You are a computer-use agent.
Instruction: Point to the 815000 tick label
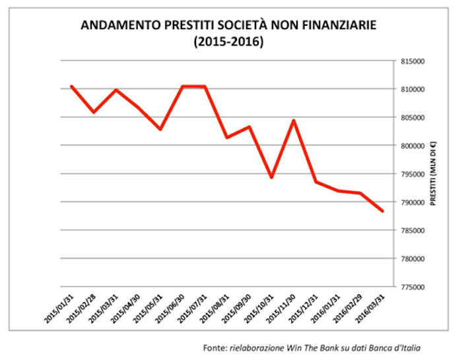[x=411, y=61]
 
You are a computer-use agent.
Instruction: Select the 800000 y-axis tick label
[x=411, y=145]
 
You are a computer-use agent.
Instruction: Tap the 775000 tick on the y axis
[x=411, y=287]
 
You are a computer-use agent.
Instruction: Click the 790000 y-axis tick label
[x=411, y=202]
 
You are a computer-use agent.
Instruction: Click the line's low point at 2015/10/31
[x=271, y=178]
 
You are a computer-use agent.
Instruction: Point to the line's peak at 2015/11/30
[x=294, y=121]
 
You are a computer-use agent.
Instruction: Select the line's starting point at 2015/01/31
[x=71, y=86]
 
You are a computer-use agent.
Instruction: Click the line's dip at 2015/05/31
[x=160, y=129]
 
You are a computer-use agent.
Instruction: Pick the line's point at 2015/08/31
[x=227, y=137]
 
